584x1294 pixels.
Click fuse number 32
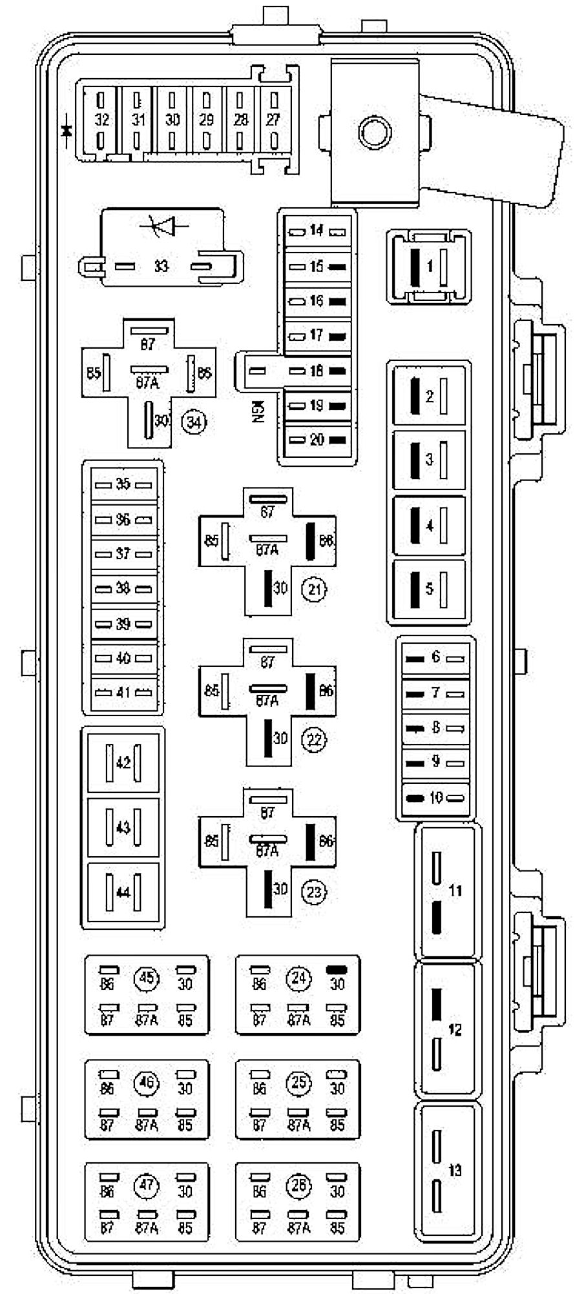coord(102,119)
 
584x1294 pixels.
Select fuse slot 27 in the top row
coord(273,119)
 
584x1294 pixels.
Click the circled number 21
coord(315,589)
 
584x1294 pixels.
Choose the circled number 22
coord(315,739)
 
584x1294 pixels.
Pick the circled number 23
coord(315,892)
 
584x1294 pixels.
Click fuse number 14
coord(317,231)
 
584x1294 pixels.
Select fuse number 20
coord(317,440)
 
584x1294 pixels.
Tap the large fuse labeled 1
coord(430,266)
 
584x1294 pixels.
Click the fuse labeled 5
coord(430,590)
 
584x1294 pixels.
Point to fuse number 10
coord(436,798)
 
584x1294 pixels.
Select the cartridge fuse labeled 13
coord(455,1170)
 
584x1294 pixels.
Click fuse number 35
coord(123,484)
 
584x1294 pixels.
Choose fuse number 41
coord(123,693)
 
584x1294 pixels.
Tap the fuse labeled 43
coord(123,828)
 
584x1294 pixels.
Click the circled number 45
coord(147,978)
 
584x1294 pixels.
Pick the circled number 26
coord(298,1186)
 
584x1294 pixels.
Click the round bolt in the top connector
coord(375,133)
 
